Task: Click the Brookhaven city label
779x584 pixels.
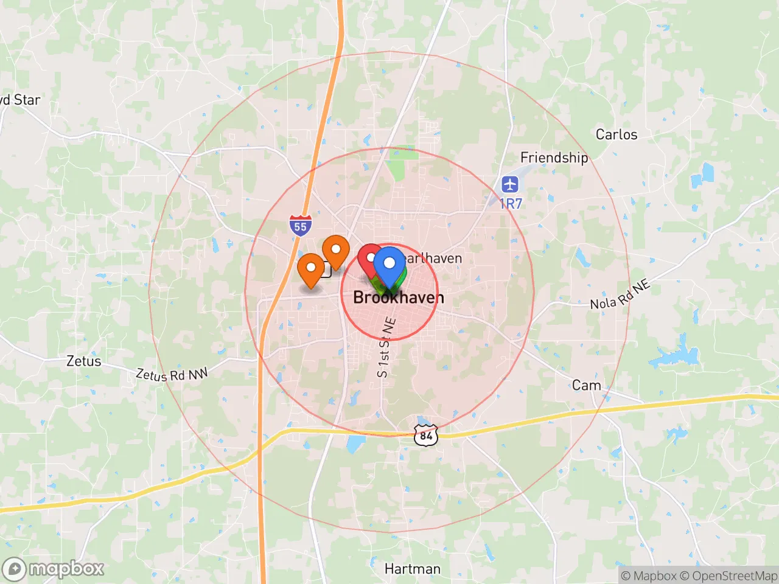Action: pos(399,297)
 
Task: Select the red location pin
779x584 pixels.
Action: pos(369,259)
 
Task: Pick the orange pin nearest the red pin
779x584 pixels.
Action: pos(335,251)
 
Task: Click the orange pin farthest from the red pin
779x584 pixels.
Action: pos(311,269)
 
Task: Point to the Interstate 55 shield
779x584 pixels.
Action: pos(301,226)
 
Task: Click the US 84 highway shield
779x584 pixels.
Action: pos(426,434)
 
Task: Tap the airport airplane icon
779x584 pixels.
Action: pos(510,184)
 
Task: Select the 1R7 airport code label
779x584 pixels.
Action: pos(511,204)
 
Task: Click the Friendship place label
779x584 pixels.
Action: pos(554,158)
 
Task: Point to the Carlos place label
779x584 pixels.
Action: pos(617,134)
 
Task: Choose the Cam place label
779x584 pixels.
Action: pos(586,385)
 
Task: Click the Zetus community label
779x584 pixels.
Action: pos(84,361)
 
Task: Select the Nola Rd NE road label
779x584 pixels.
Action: pos(620,294)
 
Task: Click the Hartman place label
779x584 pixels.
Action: pos(413,569)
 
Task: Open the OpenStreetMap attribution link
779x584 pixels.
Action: pos(728,575)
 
